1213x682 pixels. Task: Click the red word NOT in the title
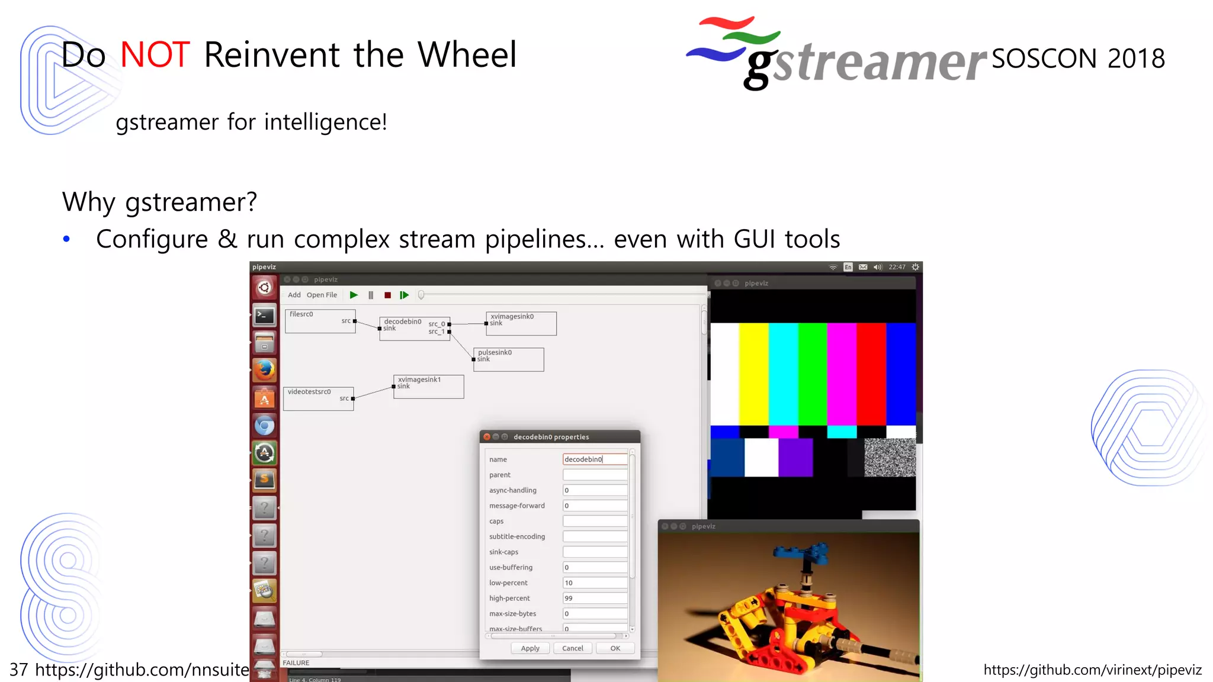155,54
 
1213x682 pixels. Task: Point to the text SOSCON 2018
1078,58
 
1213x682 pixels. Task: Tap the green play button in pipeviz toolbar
354,295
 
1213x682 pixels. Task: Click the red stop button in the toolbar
387,295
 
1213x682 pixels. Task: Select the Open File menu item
322,295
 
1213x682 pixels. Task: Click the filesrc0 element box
320,321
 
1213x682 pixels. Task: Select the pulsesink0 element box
508,359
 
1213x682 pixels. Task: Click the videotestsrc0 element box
318,398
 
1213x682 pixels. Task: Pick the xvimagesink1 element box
428,387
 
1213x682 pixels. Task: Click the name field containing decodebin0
594,459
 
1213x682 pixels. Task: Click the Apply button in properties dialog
530,648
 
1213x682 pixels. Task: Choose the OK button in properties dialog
615,648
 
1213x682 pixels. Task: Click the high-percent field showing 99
594,598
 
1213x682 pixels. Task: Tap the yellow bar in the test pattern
753,373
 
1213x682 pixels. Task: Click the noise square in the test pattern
890,457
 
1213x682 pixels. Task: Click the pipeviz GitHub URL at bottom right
1092,670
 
